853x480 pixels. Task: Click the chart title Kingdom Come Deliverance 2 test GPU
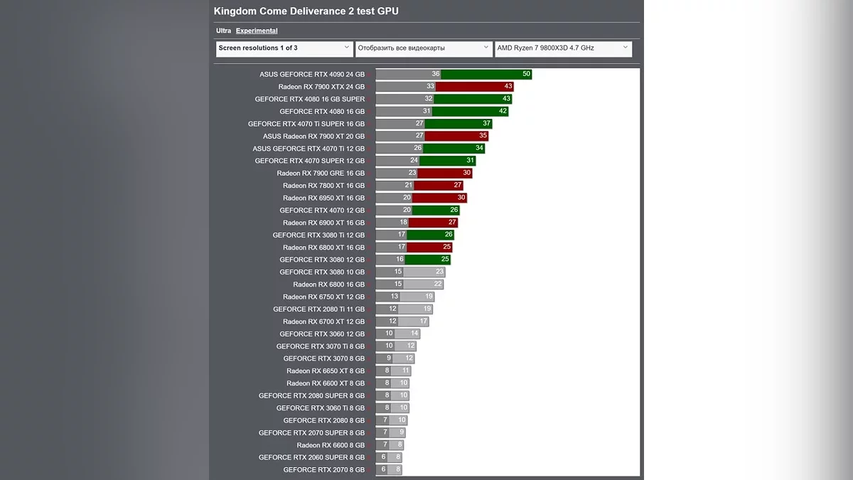pos(306,11)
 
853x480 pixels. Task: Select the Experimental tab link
pos(257,31)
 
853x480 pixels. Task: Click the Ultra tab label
pos(223,31)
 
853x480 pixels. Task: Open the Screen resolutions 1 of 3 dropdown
pos(284,48)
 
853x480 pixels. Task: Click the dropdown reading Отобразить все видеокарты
pos(424,48)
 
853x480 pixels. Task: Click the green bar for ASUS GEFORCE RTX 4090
pos(486,74)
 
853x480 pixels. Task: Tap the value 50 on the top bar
pos(526,74)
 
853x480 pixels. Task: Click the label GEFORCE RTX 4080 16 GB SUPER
pos(310,99)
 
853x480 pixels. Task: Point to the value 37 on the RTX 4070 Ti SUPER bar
pos(487,124)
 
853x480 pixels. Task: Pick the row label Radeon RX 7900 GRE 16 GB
pos(321,174)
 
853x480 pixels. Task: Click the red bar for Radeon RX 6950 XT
pos(440,198)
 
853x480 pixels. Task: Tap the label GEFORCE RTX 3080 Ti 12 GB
pos(318,235)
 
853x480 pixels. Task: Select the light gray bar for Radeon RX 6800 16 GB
pos(424,284)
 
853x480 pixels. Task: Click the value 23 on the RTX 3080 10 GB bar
pos(439,272)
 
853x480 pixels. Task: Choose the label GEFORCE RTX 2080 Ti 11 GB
pos(318,309)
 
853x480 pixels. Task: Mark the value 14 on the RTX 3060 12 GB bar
pos(414,334)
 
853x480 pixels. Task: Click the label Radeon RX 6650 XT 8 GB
pos(326,371)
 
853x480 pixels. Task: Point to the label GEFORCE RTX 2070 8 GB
pos(323,470)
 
